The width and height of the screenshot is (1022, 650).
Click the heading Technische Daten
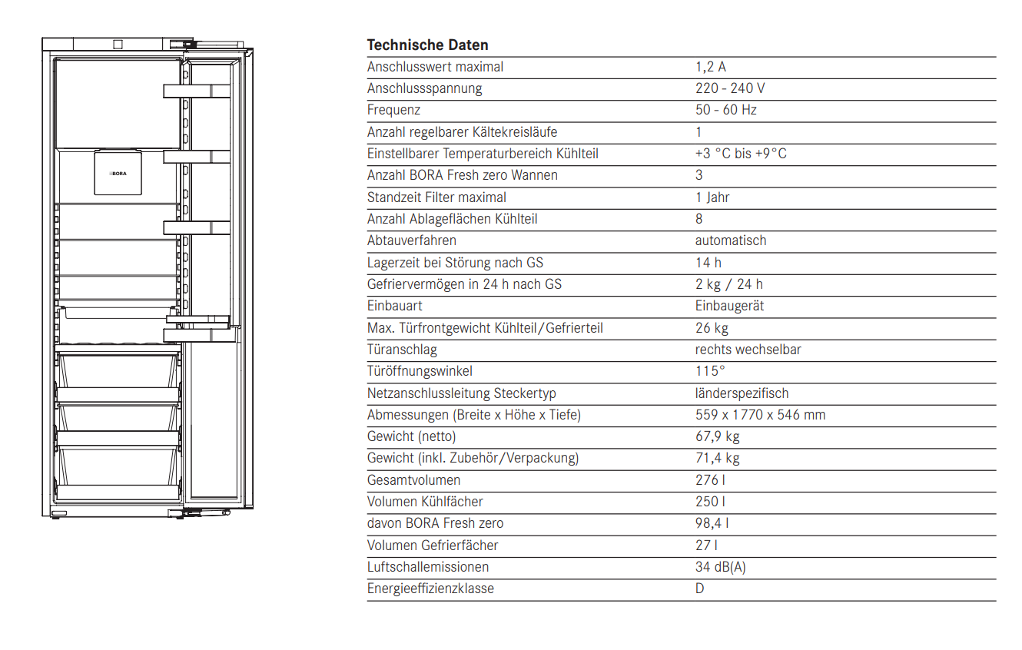click(x=427, y=45)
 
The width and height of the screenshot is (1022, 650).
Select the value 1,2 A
click(x=711, y=67)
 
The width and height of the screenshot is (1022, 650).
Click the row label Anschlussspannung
click(x=424, y=88)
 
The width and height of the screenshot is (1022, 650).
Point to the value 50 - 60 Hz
click(x=726, y=110)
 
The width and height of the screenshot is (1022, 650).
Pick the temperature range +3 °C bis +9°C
click(x=741, y=154)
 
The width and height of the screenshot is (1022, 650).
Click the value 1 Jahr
click(x=712, y=197)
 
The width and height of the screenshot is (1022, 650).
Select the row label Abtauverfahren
click(x=411, y=240)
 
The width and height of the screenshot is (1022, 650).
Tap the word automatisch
click(x=731, y=240)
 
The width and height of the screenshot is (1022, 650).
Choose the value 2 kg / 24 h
click(x=729, y=284)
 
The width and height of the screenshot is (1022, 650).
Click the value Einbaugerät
click(x=729, y=306)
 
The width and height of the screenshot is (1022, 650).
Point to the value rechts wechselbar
click(x=748, y=350)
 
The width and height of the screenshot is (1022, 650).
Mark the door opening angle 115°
click(x=710, y=371)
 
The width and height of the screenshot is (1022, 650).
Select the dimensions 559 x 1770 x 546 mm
click(x=760, y=415)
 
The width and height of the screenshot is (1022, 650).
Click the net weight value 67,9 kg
click(x=718, y=436)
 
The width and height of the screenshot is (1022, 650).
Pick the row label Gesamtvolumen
click(x=413, y=480)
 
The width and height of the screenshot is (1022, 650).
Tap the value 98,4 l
click(x=712, y=523)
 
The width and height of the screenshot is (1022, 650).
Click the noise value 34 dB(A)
click(x=721, y=567)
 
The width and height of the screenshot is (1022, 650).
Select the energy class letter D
click(x=700, y=589)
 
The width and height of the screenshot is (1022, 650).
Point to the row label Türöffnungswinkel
click(x=420, y=371)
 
